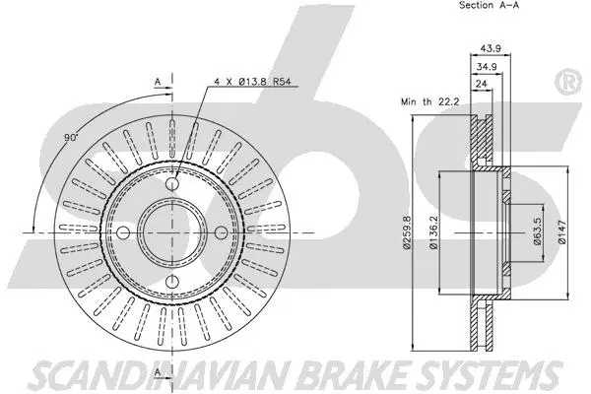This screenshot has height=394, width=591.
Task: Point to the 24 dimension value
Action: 482,86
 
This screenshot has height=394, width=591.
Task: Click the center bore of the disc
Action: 172,234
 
